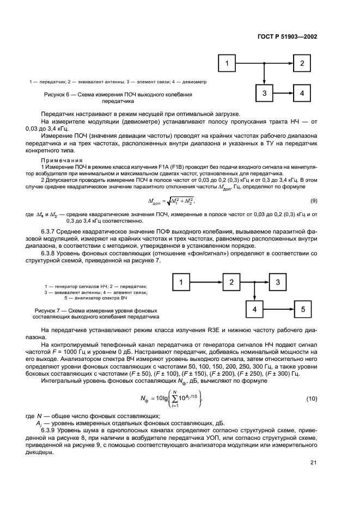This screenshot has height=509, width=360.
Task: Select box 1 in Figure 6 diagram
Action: (227, 64)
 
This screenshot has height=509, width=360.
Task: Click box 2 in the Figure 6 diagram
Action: (301, 64)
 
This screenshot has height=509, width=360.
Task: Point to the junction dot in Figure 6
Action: (264, 64)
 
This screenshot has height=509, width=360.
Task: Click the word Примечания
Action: (61, 161)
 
